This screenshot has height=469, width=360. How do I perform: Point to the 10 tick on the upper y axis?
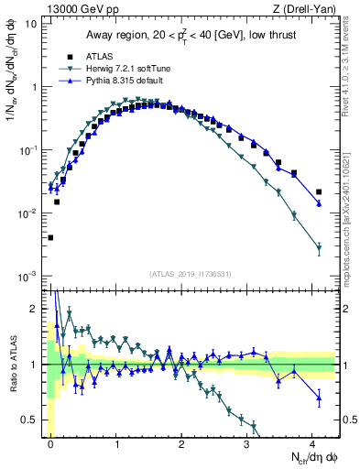point(32,24)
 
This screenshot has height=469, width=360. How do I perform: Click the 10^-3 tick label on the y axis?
point(29,276)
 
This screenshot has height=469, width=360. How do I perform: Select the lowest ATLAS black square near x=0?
point(50,237)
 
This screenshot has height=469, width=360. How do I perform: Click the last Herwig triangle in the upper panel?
point(318,247)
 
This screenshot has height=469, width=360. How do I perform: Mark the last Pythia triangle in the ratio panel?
point(318,397)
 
